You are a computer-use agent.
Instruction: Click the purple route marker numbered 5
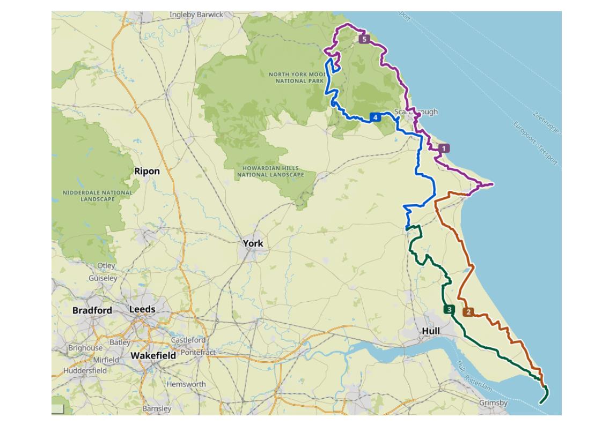tap(364, 39)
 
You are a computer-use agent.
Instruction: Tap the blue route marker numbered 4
tap(375, 117)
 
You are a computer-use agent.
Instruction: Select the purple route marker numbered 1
tap(444, 148)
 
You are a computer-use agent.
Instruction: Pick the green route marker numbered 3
tap(449, 309)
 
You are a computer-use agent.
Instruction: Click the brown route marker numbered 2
tap(468, 312)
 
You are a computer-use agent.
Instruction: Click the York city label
tap(253, 243)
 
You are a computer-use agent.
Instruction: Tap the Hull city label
tap(431, 331)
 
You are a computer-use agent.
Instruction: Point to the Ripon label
tap(146, 171)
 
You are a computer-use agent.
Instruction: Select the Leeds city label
tap(142, 309)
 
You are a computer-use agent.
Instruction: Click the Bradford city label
tap(92, 310)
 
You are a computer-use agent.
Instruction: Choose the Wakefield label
tap(153, 355)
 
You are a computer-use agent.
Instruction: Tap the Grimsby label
tap(493, 402)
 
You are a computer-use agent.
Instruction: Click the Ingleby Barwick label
tap(196, 15)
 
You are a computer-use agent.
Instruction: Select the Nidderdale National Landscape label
tap(97, 196)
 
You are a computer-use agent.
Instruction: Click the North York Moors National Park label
tap(297, 78)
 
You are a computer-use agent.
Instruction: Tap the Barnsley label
tap(157, 408)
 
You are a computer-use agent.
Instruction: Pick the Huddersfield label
tap(84, 370)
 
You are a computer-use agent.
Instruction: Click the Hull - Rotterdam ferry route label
tap(474, 375)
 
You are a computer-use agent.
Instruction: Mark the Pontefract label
tap(198, 352)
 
